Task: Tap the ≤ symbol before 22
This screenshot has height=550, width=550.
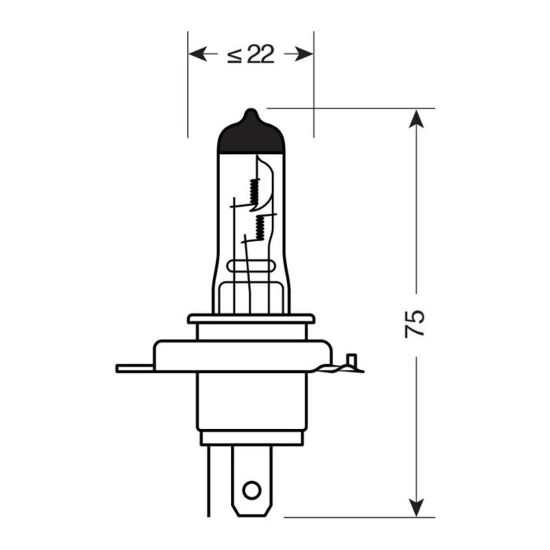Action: tap(234, 54)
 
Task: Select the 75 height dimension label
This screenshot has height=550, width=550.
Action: tap(416, 323)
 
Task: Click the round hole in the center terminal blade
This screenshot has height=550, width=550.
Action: tap(251, 490)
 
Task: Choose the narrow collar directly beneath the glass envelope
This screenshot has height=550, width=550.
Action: tap(251, 319)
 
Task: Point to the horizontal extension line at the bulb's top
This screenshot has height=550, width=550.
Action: tap(354, 108)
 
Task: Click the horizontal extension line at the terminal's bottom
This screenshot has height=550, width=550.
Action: tap(354, 517)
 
